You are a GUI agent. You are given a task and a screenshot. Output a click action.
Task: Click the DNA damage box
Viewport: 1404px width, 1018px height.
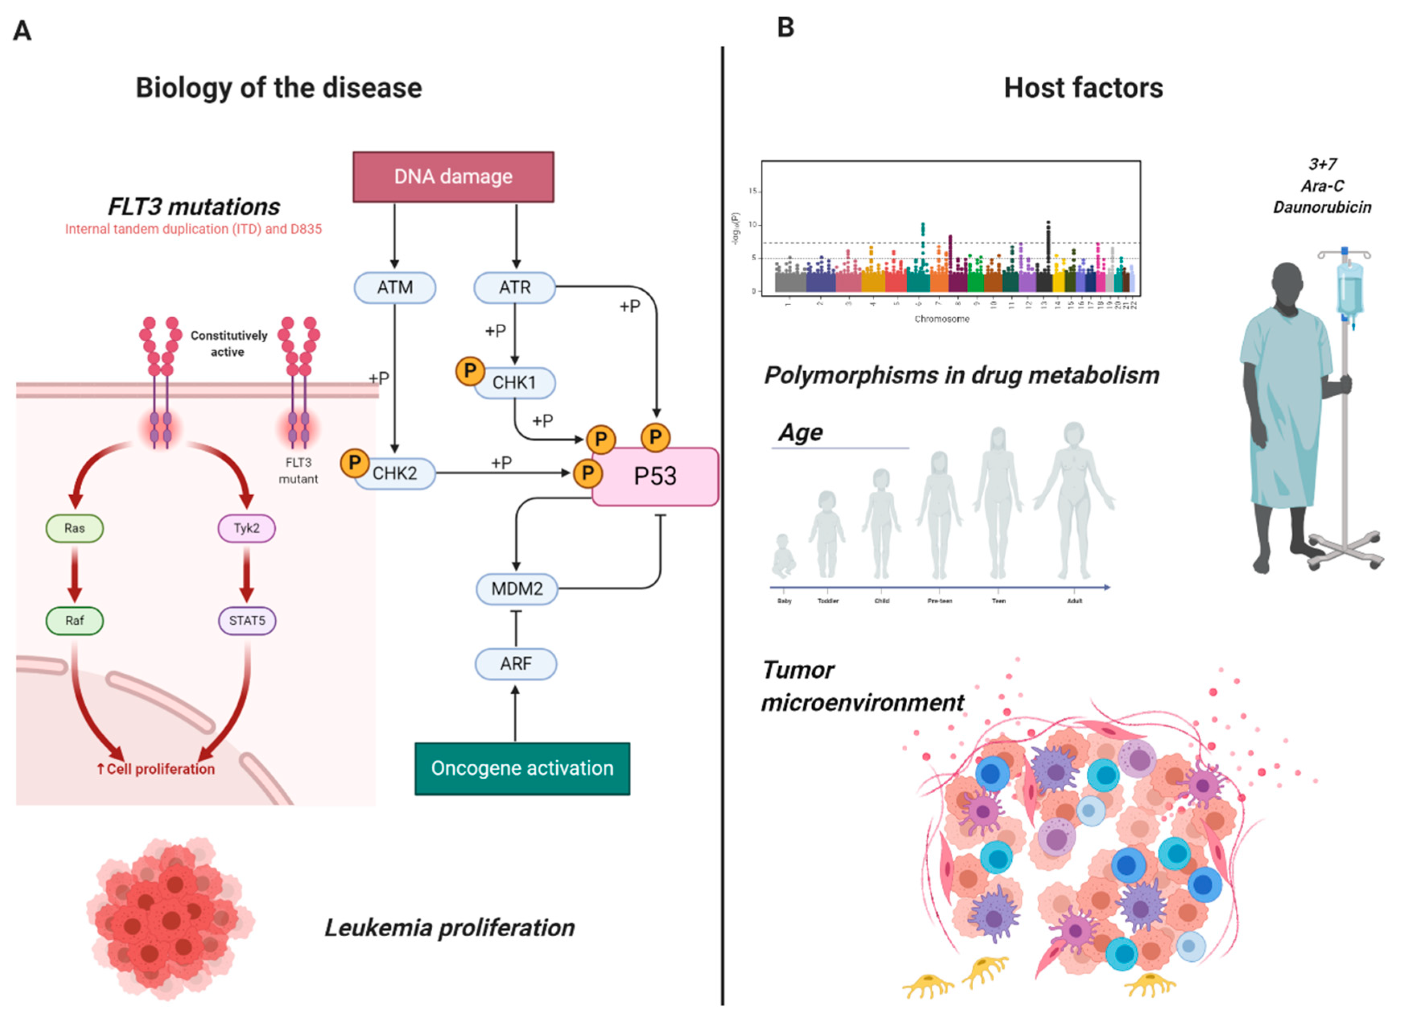click(x=453, y=177)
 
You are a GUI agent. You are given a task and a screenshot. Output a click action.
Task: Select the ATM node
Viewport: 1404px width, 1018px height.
click(x=395, y=288)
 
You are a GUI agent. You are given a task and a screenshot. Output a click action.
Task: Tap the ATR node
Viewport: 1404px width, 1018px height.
click(x=514, y=288)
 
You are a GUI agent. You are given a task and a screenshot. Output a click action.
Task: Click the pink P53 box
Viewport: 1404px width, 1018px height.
click(x=655, y=476)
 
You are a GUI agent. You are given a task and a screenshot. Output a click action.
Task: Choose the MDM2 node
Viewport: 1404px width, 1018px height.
click(x=516, y=588)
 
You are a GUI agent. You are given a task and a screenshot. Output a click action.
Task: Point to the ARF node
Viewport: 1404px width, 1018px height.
click(x=516, y=664)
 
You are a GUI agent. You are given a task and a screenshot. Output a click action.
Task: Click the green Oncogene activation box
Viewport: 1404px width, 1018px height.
click(x=522, y=768)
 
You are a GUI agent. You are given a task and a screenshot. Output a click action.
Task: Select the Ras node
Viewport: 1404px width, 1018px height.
click(x=74, y=528)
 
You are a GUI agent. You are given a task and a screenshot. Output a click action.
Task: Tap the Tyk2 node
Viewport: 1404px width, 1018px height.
click(x=246, y=528)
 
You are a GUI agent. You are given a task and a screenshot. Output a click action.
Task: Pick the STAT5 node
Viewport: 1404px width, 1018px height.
click(x=247, y=621)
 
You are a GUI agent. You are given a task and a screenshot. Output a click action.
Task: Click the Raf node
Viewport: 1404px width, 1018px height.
click(x=74, y=621)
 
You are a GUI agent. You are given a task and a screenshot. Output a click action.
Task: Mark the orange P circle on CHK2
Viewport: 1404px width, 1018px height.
click(x=355, y=463)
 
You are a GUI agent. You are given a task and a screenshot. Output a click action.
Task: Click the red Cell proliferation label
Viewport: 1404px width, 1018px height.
click(x=156, y=769)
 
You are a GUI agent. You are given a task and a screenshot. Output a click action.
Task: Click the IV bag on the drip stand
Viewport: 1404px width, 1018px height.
click(x=1350, y=288)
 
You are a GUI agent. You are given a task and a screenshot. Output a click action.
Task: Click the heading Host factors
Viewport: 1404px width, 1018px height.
click(x=1083, y=88)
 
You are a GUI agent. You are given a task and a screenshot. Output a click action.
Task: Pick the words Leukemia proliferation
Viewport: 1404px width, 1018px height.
click(x=450, y=927)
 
